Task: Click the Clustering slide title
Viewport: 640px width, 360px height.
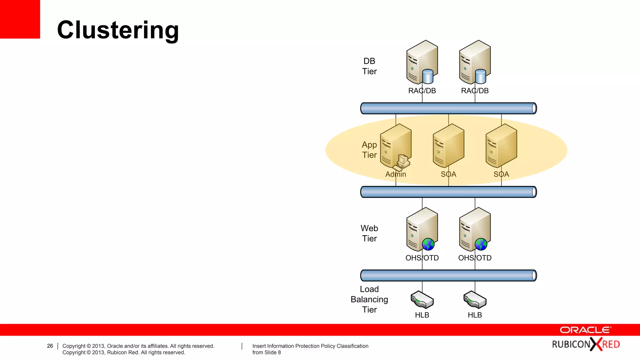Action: (118, 30)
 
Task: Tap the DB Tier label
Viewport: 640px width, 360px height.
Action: (369, 66)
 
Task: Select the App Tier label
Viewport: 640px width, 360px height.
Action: (369, 150)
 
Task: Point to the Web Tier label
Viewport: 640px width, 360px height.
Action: (369, 233)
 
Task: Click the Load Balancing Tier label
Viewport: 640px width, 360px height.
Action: (369, 299)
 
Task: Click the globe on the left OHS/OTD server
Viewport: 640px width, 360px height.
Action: (428, 244)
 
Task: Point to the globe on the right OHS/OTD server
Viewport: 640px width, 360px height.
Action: (481, 244)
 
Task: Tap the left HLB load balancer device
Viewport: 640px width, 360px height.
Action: (422, 300)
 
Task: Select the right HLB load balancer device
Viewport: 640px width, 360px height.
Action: (475, 300)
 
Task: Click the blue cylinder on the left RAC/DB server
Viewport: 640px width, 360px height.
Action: (428, 77)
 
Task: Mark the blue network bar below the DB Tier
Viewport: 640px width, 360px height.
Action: (448, 108)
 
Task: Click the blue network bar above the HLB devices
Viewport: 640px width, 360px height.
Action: (448, 276)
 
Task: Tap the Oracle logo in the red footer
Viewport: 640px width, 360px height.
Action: (585, 330)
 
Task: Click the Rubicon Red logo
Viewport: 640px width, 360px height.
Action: (586, 344)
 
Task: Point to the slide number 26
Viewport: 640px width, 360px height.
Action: (50, 346)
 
